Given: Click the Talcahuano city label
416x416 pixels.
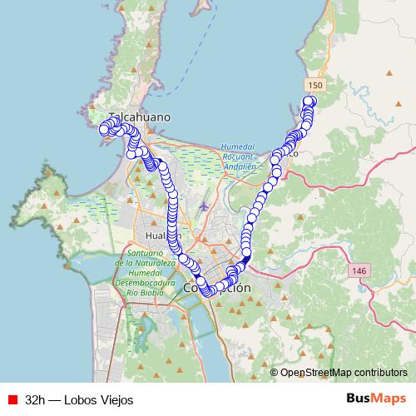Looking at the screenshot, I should (x=139, y=117).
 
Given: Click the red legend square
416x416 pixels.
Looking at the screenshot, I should (x=12, y=399).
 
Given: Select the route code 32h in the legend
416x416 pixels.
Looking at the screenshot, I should (x=35, y=399).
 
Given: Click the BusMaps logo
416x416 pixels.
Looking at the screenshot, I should (x=375, y=399).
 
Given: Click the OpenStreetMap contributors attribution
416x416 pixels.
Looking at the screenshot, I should (x=344, y=373).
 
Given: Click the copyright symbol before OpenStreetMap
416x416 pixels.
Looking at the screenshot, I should (x=275, y=373).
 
